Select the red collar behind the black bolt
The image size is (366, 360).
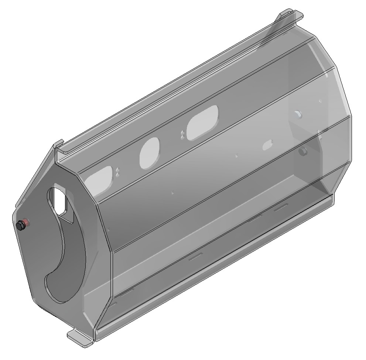click(27, 223)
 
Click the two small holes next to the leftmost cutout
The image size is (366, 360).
click(117, 171)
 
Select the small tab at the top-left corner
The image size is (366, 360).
click(59, 144)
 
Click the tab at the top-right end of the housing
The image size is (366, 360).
click(291, 16)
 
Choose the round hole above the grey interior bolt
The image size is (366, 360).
click(298, 113)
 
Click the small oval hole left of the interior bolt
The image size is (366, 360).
click(267, 145)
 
